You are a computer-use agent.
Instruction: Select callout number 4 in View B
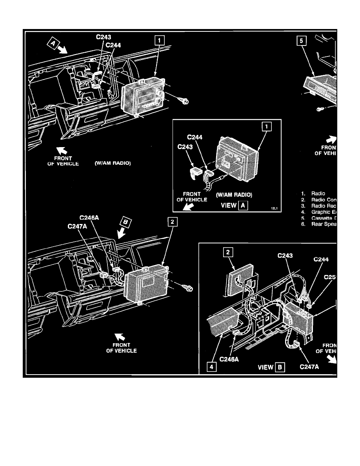coord(212,368)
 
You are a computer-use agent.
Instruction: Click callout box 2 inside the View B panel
coord(226,253)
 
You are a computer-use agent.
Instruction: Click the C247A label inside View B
coord(309,367)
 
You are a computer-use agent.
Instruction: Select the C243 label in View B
coord(285,256)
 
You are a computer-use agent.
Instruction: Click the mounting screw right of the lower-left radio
coord(188,288)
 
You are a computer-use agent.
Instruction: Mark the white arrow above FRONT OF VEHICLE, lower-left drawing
coord(117,335)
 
